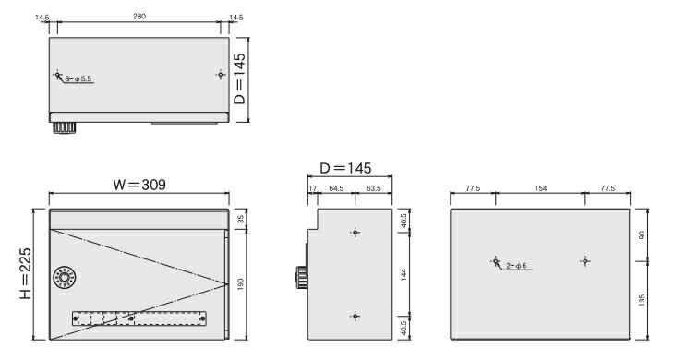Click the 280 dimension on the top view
pyautogui.click(x=139, y=17)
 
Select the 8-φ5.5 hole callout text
pyautogui.click(x=78, y=79)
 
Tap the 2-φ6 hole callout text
pyautogui.click(x=516, y=266)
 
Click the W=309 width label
pyautogui.click(x=139, y=185)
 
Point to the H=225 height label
pyautogui.click(x=25, y=273)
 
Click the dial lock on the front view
pyautogui.click(x=64, y=278)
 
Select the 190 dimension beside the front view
pyautogui.click(x=240, y=284)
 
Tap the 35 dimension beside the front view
pyautogui.click(x=241, y=219)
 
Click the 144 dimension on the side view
pyautogui.click(x=403, y=275)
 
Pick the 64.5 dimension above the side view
pyautogui.click(x=336, y=188)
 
